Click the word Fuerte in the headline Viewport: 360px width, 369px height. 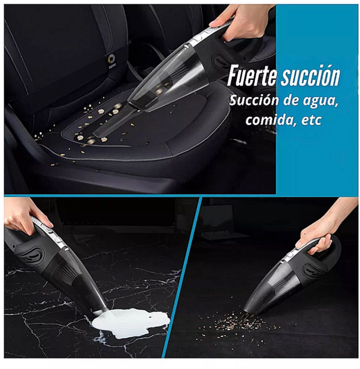pyautogui.click(x=252, y=75)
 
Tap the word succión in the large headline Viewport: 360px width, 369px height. pyautogui.click(x=311, y=75)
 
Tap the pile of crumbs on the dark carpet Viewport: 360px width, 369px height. pyautogui.click(x=237, y=322)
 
